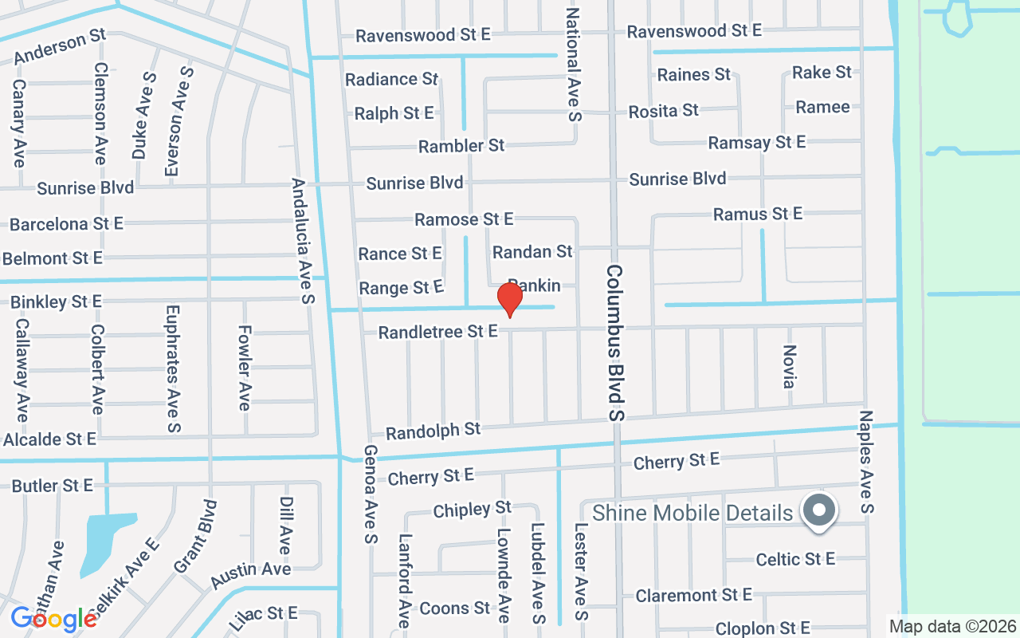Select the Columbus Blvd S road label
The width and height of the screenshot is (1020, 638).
click(615, 343)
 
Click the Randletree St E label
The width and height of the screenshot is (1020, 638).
click(437, 331)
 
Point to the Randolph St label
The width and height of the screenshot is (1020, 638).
click(433, 431)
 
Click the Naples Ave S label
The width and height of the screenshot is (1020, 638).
click(867, 462)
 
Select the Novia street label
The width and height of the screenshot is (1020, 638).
click(789, 367)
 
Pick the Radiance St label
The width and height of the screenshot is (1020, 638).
click(392, 79)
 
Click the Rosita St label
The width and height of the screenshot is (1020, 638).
click(663, 111)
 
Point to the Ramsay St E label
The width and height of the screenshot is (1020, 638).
click(757, 143)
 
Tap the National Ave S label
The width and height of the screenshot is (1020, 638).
click(575, 65)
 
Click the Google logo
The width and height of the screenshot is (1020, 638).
click(53, 618)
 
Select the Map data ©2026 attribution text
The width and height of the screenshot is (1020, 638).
click(953, 626)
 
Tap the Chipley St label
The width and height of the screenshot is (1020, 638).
click(472, 509)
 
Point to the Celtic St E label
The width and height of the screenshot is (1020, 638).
click(795, 559)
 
